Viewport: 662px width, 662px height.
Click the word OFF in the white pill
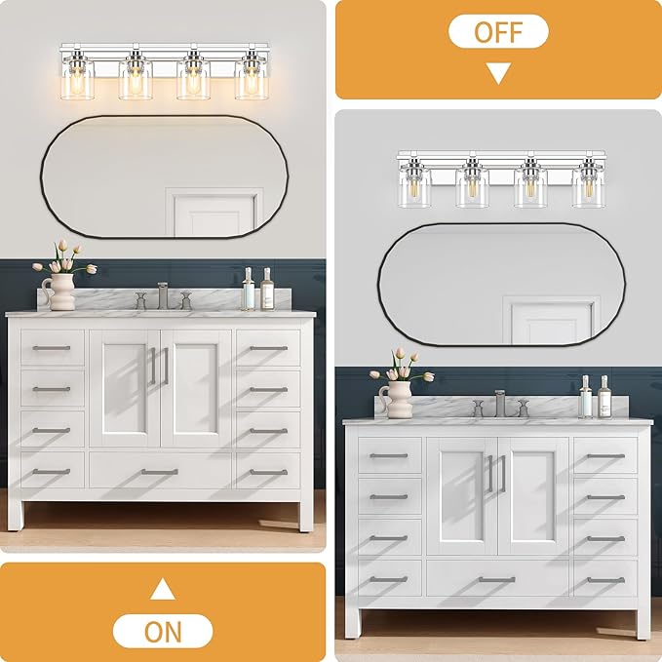498,31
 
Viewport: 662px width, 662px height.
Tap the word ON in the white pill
163,631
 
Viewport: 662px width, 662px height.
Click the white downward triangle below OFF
498,72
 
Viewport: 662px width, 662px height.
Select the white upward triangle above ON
163,589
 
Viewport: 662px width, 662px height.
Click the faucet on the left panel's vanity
163,295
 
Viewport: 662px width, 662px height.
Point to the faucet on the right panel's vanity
500,404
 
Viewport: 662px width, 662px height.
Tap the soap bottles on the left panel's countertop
257,290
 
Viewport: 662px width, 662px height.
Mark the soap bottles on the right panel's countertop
595,397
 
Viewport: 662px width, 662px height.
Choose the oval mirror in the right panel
501,284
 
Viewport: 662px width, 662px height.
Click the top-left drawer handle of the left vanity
51,348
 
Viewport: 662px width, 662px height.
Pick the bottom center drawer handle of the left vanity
159,472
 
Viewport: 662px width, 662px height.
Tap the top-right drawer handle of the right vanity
605,456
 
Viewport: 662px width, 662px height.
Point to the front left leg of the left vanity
16,515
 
